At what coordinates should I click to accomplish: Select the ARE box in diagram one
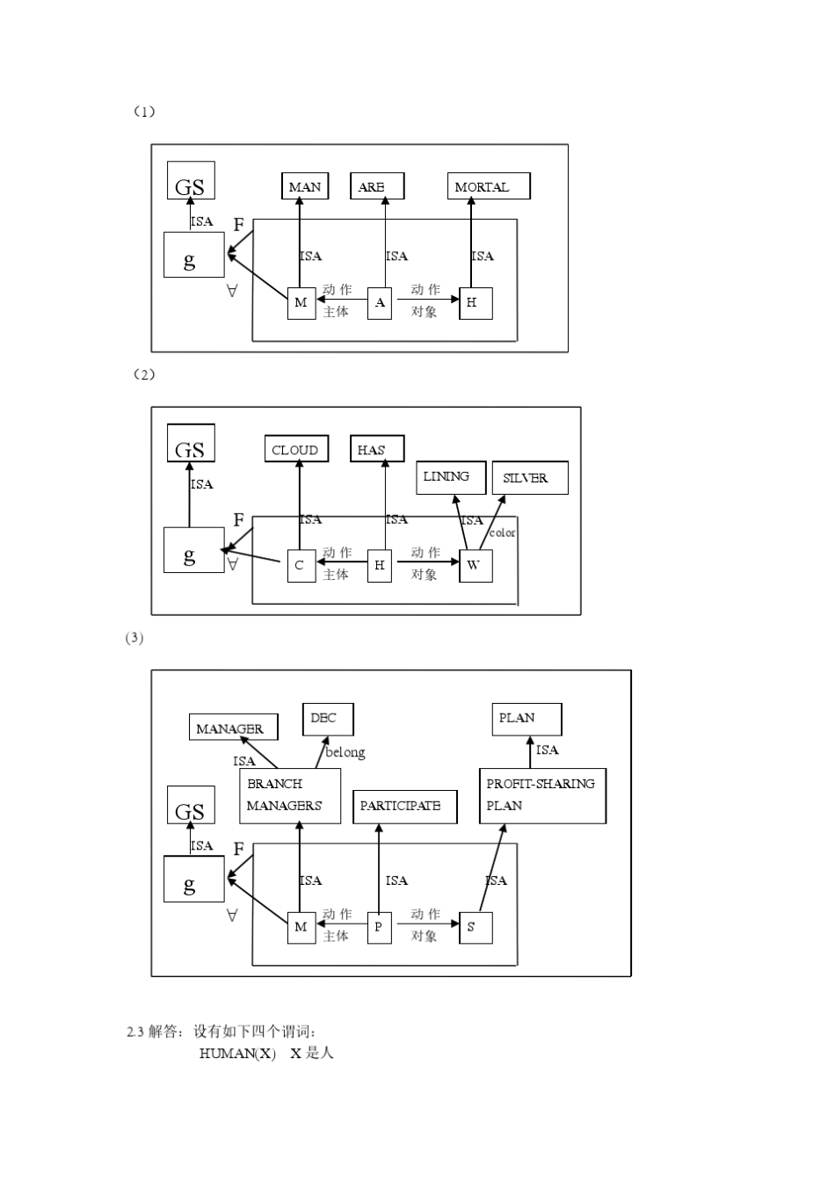[377, 186]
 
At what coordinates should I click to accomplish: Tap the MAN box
[305, 186]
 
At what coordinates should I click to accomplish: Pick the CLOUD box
[296, 449]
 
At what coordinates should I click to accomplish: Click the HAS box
[377, 449]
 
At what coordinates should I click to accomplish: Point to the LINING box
[450, 477]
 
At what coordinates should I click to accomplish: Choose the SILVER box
[529, 478]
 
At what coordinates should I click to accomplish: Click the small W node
[476, 565]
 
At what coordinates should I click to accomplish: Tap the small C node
[301, 566]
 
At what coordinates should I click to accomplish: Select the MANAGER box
[234, 728]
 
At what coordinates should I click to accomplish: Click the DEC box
[327, 719]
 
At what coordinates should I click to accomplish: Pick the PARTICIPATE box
[404, 806]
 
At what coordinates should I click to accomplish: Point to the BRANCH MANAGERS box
[289, 795]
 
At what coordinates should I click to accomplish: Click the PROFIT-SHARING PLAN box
[541, 795]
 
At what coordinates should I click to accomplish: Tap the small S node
[476, 927]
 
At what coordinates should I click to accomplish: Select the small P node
[379, 927]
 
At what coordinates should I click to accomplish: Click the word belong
[345, 752]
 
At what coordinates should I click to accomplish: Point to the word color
[503, 533]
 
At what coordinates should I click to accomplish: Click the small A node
[380, 303]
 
